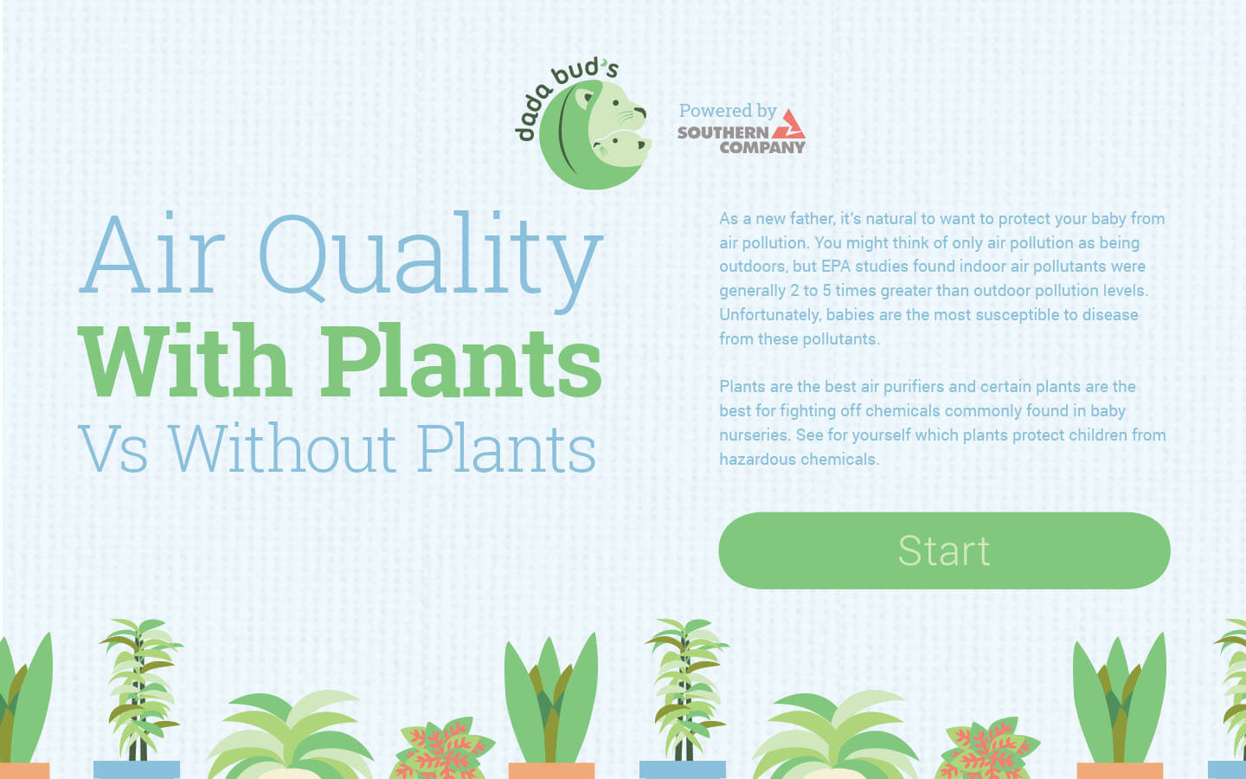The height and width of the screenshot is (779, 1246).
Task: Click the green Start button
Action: tap(944, 550)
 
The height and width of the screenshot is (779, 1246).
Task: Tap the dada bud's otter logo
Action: tap(584, 126)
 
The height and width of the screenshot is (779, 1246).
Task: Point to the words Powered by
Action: tap(728, 111)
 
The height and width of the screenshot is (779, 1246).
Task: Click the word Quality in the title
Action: tap(430, 261)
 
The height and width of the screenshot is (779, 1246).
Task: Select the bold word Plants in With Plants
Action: tap(462, 362)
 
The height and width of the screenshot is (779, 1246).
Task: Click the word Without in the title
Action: tap(283, 448)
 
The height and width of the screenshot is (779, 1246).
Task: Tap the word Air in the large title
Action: tap(152, 254)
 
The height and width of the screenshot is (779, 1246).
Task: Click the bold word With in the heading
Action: tap(185, 361)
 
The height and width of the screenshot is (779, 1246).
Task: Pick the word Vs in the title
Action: tap(113, 449)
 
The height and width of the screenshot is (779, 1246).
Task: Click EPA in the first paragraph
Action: tap(836, 267)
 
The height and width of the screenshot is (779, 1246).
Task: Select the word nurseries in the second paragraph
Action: tap(755, 435)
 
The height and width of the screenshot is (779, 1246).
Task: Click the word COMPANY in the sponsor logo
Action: tap(762, 147)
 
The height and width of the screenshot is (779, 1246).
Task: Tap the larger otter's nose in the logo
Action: tap(639, 112)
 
